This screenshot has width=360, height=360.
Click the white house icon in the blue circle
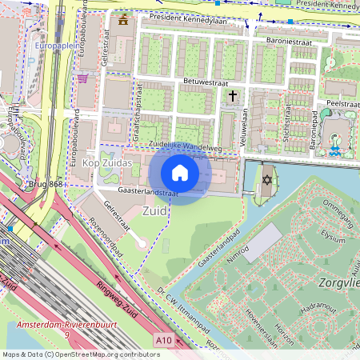tap(179, 173)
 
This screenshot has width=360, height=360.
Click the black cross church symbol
tap(233, 96)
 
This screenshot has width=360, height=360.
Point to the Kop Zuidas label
tap(107, 162)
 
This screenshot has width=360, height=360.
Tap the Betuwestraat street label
tap(206, 81)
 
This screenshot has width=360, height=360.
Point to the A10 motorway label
tap(164, 341)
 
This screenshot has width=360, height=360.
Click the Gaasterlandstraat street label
tap(147, 192)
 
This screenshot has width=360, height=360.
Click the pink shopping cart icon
tap(82, 78)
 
